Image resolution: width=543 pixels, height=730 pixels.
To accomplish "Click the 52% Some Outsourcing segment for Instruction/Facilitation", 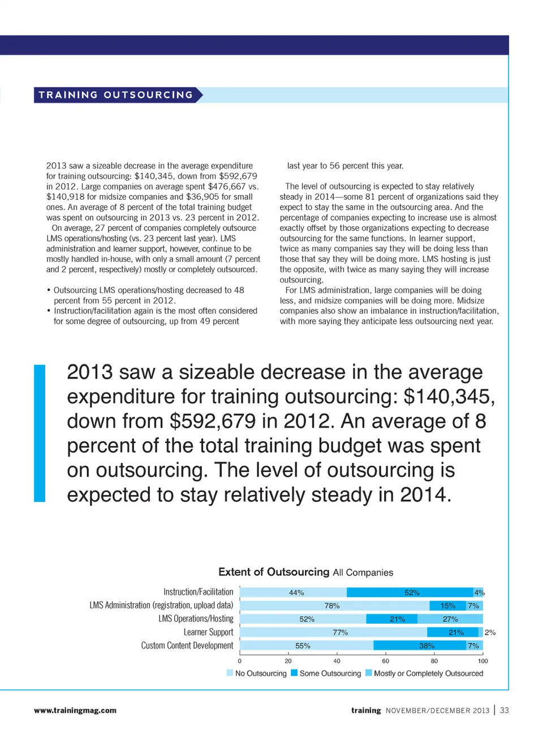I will pyautogui.click(x=410, y=592).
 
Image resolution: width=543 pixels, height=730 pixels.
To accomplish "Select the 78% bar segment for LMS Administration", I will pyautogui.click(x=334, y=606).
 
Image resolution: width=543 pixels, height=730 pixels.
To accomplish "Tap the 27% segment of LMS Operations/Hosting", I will pyautogui.click(x=450, y=619).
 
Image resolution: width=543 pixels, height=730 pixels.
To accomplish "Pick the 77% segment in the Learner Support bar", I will pyautogui.click(x=334, y=632).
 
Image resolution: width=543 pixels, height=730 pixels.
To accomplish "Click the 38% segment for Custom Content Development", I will pyautogui.click(x=420, y=646).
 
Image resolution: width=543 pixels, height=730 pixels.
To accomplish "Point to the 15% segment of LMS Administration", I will pyautogui.click(x=448, y=606).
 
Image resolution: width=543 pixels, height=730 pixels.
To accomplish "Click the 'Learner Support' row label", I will pyautogui.click(x=208, y=632).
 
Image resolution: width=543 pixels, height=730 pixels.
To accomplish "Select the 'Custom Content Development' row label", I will pyautogui.click(x=187, y=646).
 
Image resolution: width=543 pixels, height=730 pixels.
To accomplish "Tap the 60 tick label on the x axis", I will pyautogui.click(x=385, y=661).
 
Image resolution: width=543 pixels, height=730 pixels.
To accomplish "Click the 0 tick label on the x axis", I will pyautogui.click(x=240, y=661).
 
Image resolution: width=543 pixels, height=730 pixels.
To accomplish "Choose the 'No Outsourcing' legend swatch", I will pyautogui.click(x=230, y=673).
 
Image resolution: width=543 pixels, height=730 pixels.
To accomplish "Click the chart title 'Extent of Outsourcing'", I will pyautogui.click(x=274, y=572).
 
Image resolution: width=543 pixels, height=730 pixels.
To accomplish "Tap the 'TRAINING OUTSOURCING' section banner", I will pyautogui.click(x=117, y=95).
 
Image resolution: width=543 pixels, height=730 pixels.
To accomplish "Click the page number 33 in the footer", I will pyautogui.click(x=505, y=710).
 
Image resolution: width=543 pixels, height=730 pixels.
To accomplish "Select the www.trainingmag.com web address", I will pyautogui.click(x=75, y=710).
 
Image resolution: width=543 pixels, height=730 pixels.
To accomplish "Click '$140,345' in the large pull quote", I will pyautogui.click(x=450, y=397).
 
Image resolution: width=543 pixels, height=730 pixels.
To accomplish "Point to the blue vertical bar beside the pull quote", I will pyautogui.click(x=40, y=433).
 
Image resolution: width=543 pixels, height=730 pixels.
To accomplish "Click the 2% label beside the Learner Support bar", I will pyautogui.click(x=490, y=633).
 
